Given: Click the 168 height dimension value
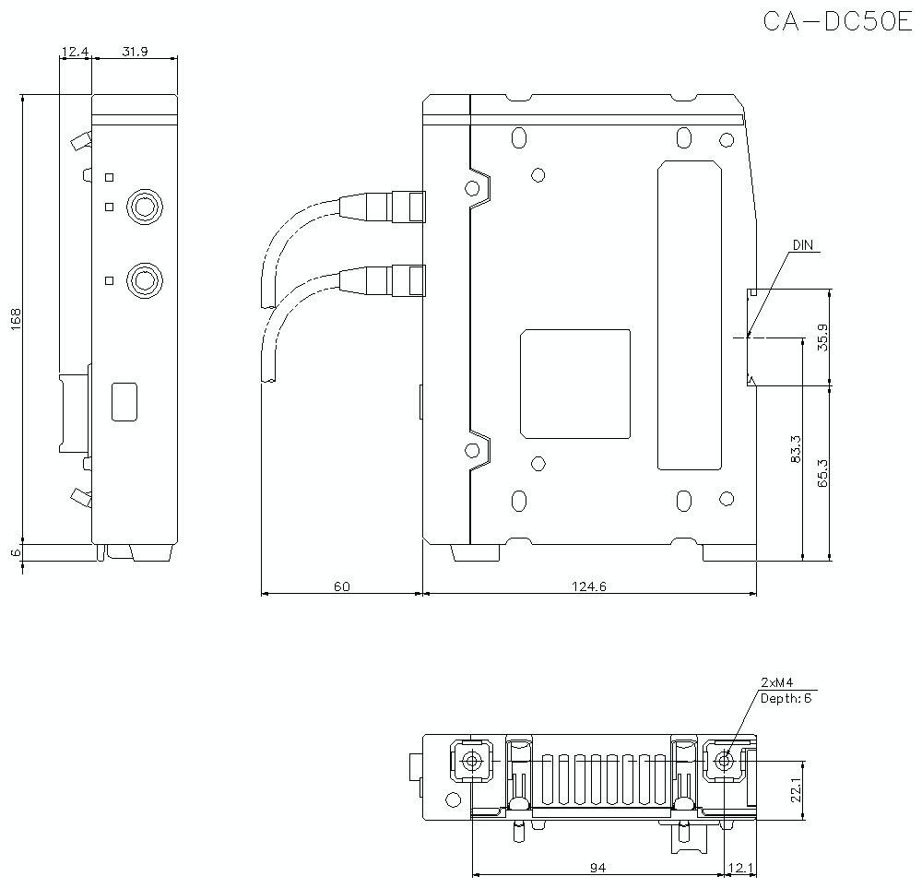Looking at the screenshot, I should pyautogui.click(x=16, y=319).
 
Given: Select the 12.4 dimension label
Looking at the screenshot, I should pyautogui.click(x=73, y=52).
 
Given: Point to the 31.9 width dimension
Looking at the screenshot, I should pyautogui.click(x=135, y=52).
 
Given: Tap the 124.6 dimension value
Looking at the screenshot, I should pyautogui.click(x=588, y=586).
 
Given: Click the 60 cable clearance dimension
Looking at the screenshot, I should pyautogui.click(x=342, y=586).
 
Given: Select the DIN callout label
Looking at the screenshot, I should pyautogui.click(x=803, y=245).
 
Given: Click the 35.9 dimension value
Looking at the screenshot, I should pyautogui.click(x=822, y=337).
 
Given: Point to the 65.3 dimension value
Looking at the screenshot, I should pyautogui.click(x=822, y=472).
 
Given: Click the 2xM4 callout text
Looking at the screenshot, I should pyautogui.click(x=777, y=682).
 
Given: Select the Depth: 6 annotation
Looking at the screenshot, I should pyautogui.click(x=786, y=698).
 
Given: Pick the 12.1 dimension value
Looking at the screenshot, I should pyautogui.click(x=741, y=867).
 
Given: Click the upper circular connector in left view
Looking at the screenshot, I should pyautogui.click(x=144, y=206).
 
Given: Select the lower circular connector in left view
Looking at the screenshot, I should pyautogui.click(x=144, y=279).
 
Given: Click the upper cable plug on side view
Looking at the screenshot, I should pyautogui.click(x=408, y=206).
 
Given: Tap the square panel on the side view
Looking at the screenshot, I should pyautogui.click(x=575, y=384).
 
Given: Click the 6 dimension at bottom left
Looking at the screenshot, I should pyautogui.click(x=16, y=551).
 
